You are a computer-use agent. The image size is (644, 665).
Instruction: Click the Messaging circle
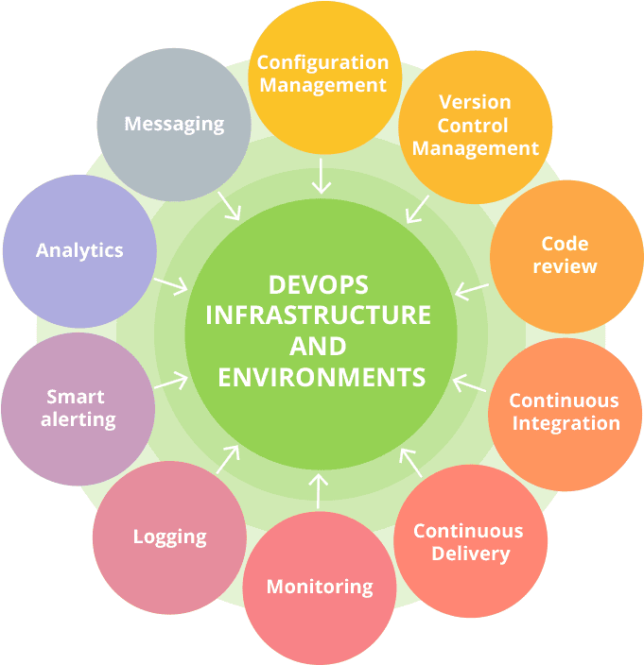click(x=174, y=124)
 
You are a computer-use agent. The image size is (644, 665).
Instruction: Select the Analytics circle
click(x=79, y=250)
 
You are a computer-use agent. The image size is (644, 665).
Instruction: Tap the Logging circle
click(x=169, y=537)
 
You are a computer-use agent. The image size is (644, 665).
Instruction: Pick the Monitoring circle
click(x=319, y=587)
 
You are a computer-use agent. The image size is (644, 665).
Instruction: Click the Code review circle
click(x=565, y=256)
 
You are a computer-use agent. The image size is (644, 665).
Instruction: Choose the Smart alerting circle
click(x=78, y=407)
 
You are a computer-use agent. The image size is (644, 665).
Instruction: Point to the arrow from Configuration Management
click(x=322, y=176)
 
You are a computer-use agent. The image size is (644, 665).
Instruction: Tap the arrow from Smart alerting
click(x=170, y=381)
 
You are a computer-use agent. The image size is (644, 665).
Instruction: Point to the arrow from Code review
click(x=472, y=289)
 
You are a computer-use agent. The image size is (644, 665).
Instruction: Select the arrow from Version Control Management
click(x=417, y=209)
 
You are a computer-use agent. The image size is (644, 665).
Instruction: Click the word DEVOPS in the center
click(x=319, y=284)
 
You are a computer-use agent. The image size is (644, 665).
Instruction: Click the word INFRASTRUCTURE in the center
click(x=319, y=315)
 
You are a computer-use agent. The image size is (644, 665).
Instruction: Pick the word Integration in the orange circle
click(x=566, y=422)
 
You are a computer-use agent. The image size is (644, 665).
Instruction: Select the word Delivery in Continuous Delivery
click(x=470, y=554)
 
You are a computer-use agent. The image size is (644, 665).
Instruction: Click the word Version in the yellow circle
click(x=475, y=102)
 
